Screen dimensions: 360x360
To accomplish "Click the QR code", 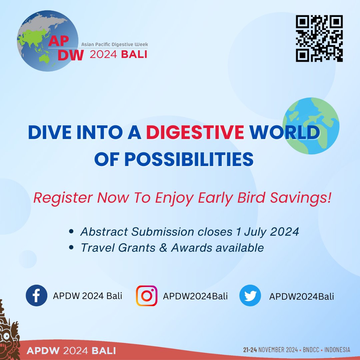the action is pyautogui.click(x=319, y=38).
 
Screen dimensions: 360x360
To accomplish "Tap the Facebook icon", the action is pyautogui.click(x=37, y=295).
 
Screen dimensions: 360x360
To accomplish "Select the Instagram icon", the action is pyautogui.click(x=146, y=296).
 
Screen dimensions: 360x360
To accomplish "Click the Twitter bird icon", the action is pyautogui.click(x=250, y=295).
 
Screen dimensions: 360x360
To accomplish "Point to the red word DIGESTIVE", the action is pyautogui.click(x=195, y=132).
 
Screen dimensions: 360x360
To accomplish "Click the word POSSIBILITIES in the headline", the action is pyautogui.click(x=189, y=159).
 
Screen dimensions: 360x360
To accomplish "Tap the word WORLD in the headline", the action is pyautogui.click(x=284, y=132).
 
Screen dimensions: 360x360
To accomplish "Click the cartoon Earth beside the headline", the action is pyautogui.click(x=311, y=126).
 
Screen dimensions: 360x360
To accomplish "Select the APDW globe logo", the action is pyautogui.click(x=48, y=41).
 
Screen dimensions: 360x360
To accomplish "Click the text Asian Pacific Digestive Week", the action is pyautogui.click(x=115, y=44).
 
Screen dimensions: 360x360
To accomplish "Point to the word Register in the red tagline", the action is pyautogui.click(x=63, y=198).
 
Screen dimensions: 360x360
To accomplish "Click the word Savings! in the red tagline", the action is pyautogui.click(x=301, y=197).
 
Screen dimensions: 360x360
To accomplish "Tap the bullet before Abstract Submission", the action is pyautogui.click(x=71, y=231).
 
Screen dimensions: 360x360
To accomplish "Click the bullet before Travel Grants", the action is pyautogui.click(x=71, y=247).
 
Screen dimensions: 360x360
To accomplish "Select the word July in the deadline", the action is pyautogui.click(x=255, y=232).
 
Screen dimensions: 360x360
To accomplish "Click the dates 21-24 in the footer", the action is pyautogui.click(x=250, y=350).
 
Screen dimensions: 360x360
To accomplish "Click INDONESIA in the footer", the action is pyautogui.click(x=337, y=350).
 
